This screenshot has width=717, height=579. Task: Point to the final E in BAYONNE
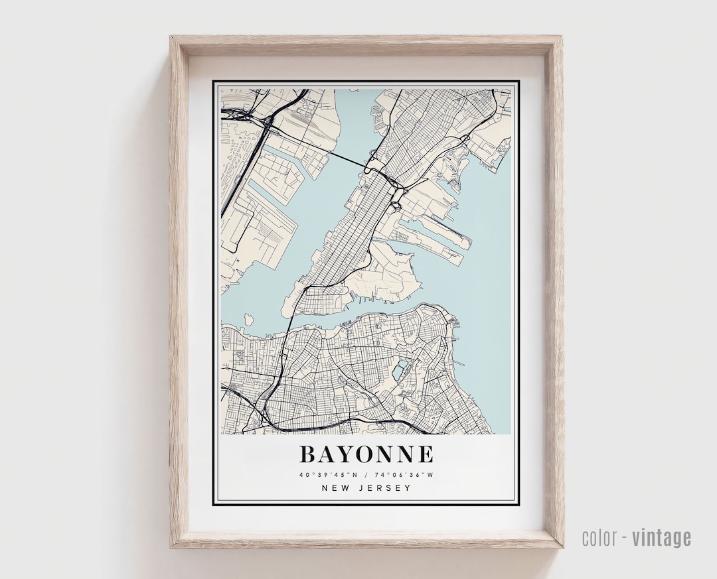point(426,454)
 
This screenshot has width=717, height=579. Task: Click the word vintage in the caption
point(661,537)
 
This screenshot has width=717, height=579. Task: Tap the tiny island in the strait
point(249,320)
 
